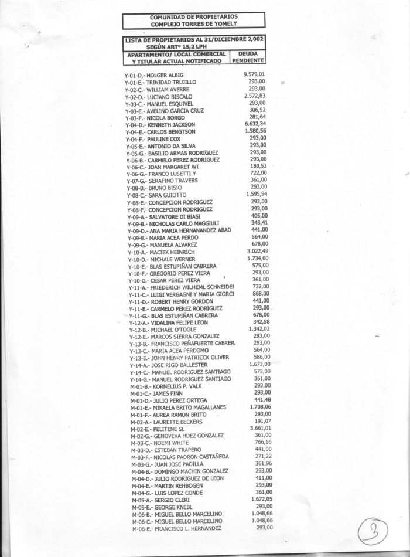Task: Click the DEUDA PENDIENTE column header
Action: pos(249,56)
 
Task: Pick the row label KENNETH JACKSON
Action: pos(171,125)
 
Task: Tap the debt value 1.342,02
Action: pos(257,329)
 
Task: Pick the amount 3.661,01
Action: pos(258,428)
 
